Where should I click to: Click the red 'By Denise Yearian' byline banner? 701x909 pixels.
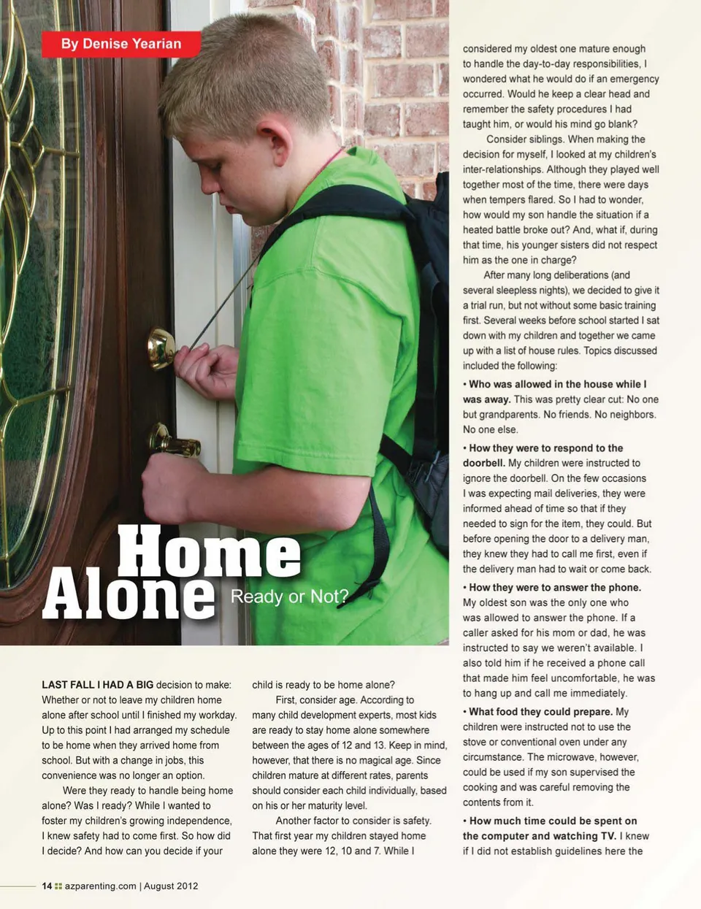pos(121,44)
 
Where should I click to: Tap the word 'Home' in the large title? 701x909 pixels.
pos(209,551)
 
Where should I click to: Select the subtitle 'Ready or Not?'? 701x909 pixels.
pos(289,597)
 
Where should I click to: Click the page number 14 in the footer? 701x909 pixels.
pos(47,886)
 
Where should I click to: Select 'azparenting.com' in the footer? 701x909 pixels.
pos(100,886)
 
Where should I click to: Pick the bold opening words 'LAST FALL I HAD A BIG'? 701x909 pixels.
pos(98,685)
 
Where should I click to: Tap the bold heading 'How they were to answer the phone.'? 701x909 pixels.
pos(555,588)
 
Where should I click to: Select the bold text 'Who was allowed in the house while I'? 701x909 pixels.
pos(557,384)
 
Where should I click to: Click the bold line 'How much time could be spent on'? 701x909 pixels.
pos(553,821)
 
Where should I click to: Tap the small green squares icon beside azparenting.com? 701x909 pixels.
pos(58,886)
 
